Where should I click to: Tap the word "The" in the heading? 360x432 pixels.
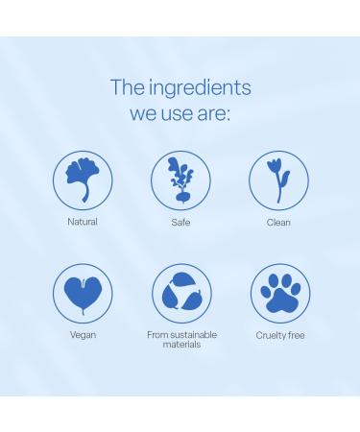pos(127,87)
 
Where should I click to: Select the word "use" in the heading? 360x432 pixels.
pos(181,115)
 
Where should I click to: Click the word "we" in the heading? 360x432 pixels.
pos(145,115)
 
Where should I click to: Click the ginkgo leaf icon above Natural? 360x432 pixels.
pos(83,179)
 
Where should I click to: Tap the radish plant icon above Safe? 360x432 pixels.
pos(180,180)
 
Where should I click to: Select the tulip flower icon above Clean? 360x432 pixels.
pos(278,179)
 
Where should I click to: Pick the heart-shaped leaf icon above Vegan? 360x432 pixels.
pos(83,292)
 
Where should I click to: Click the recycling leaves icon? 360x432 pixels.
pos(181,293)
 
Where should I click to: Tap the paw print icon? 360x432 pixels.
pos(279,293)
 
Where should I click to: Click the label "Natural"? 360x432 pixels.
pos(83,222)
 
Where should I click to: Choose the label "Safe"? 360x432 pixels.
pos(180,222)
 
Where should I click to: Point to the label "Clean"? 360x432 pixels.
pos(278,222)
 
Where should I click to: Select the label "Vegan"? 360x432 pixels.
pos(83,335)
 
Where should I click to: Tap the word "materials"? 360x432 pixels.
pos(181,344)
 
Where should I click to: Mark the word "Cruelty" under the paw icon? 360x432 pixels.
pos(271,335)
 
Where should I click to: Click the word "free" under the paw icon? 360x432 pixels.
pos(297,335)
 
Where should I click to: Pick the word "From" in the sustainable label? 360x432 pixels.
pos(156,334)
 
